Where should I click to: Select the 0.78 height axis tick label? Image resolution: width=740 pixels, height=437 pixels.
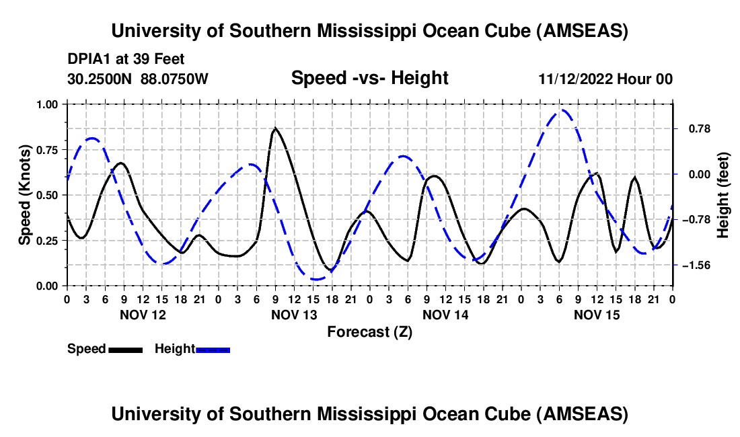point(697,128)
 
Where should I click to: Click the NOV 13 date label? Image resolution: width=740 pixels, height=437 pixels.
point(294,314)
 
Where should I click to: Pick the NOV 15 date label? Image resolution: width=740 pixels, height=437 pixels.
point(597,314)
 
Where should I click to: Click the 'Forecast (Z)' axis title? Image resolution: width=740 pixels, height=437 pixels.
point(369,331)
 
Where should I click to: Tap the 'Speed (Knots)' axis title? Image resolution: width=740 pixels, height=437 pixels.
point(25,195)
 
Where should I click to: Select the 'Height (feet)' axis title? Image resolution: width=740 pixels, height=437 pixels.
point(724,195)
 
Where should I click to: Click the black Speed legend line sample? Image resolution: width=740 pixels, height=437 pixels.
point(125,349)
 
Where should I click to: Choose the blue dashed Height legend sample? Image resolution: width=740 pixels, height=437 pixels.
point(213,349)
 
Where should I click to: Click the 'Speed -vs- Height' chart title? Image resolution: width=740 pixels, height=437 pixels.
point(369,78)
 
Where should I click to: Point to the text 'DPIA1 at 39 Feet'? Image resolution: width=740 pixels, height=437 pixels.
point(126,59)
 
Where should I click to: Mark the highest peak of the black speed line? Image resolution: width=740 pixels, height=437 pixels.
point(275,128)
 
